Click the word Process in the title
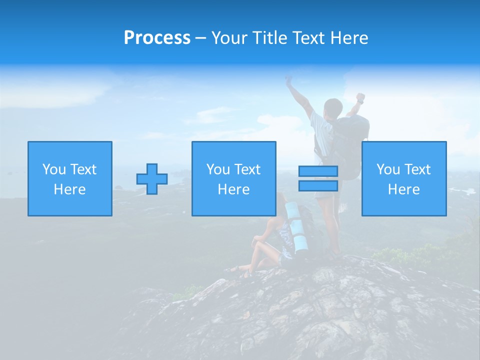coord(157,38)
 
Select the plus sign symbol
coord(152,179)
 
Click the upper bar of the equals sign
coord(318,171)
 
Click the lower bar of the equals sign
coord(318,186)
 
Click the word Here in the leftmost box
coord(69,189)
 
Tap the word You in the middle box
coord(217,169)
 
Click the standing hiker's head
coord(333,107)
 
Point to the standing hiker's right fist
coord(360,97)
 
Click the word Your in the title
coord(229,38)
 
